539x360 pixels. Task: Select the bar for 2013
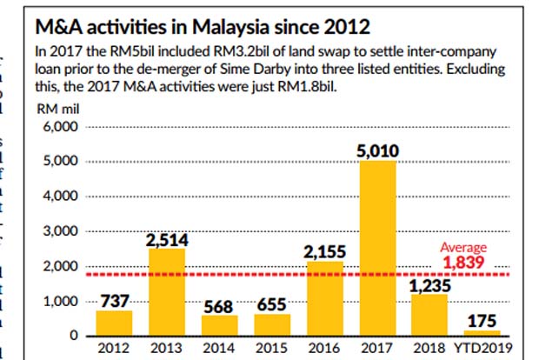(167, 292)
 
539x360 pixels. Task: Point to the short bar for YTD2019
(482, 332)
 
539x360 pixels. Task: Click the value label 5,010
(378, 151)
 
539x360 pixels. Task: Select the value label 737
(115, 300)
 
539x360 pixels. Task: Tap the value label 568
(220, 306)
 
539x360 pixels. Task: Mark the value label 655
(272, 303)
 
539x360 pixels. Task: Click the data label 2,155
(325, 251)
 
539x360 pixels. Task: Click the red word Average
(463, 247)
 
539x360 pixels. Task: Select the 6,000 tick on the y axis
(61, 127)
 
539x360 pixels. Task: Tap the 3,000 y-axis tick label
(61, 231)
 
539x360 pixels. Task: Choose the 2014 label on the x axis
(220, 350)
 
